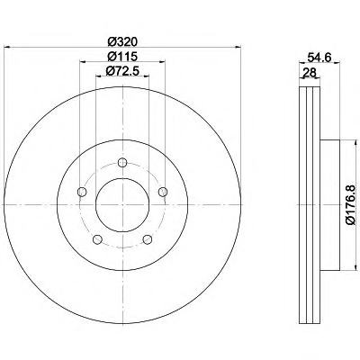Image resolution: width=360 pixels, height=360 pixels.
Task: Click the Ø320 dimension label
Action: pos(122,41)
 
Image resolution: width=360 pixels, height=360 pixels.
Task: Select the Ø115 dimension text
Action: pos(122,57)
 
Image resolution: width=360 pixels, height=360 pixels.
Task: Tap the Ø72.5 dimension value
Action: pos(122,71)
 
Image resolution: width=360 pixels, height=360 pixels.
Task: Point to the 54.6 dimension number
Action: pos(319,57)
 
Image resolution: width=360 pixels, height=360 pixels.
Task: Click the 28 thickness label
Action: pos(310,72)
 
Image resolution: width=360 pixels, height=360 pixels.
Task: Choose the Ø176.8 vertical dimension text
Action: pos(350,205)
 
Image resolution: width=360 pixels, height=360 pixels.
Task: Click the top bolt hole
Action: pos(122,163)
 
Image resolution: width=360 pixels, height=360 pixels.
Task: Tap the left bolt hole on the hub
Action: pos(82,192)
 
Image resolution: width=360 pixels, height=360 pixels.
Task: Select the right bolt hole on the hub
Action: pos(163,192)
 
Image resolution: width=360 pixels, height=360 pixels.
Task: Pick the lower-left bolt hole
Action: pos(97,239)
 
